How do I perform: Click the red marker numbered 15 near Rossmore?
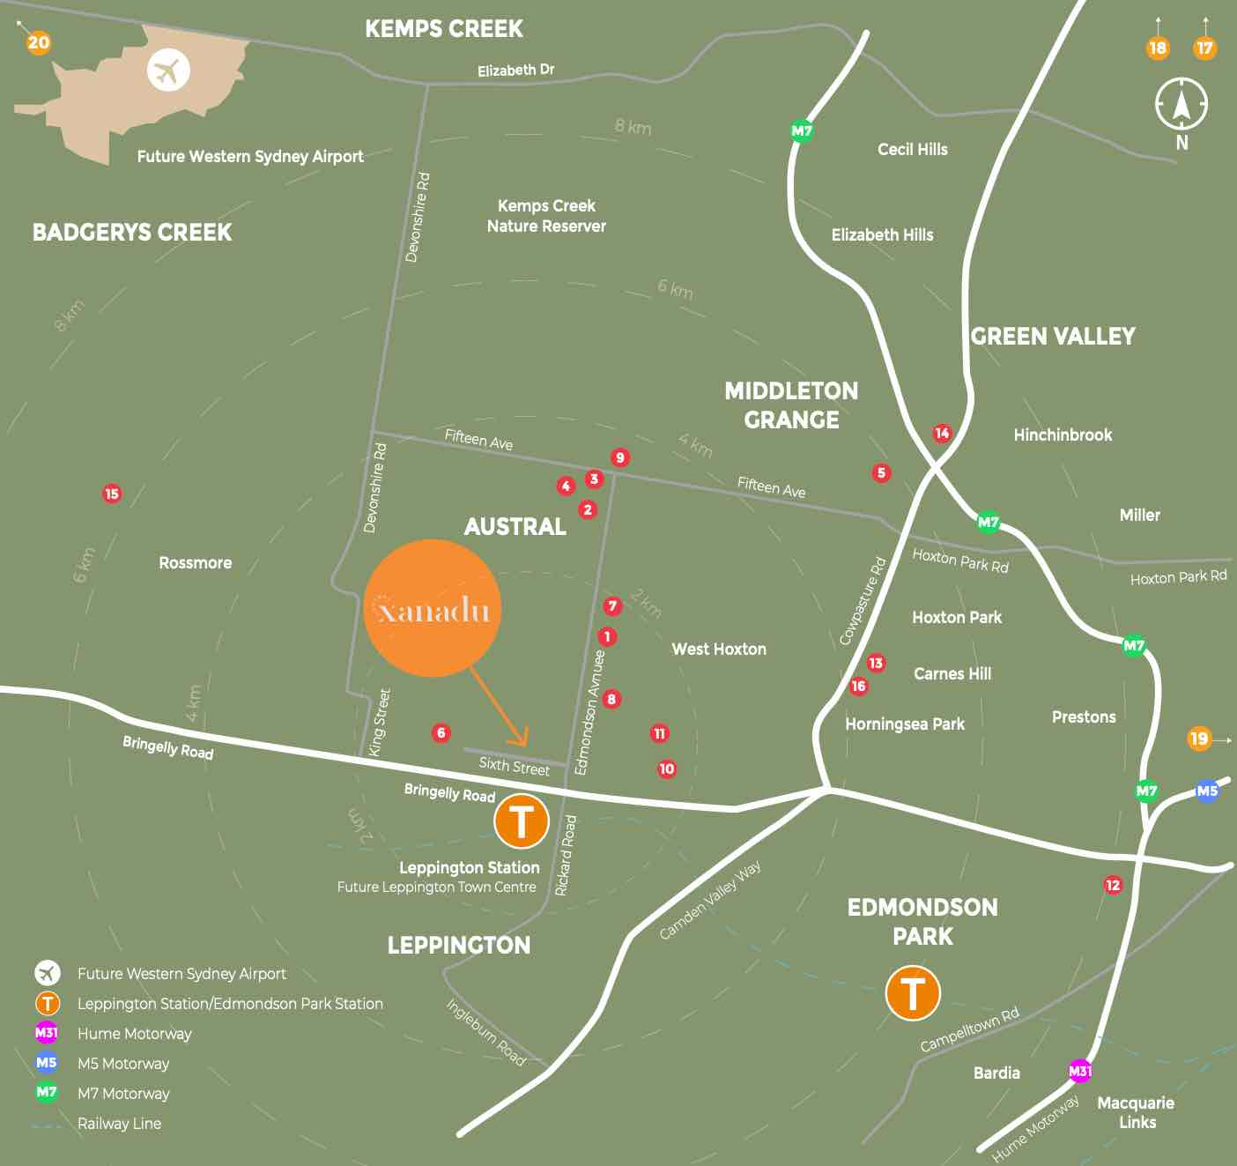(x=112, y=494)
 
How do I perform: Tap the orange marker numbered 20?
(x=38, y=42)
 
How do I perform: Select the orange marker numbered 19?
(x=1199, y=739)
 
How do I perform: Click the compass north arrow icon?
(x=1181, y=104)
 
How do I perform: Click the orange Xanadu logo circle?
(x=432, y=608)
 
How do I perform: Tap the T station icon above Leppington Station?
(x=521, y=821)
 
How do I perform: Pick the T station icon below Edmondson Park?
(x=912, y=992)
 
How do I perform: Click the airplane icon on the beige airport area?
(x=168, y=70)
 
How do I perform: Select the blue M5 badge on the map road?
(x=1207, y=791)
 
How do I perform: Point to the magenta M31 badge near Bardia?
(x=1080, y=1071)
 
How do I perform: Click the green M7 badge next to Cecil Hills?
(x=802, y=131)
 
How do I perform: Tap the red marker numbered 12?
(x=1114, y=885)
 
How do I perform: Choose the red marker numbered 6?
(x=441, y=732)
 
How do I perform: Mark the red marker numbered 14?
(x=943, y=433)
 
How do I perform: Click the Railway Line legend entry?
(x=119, y=1124)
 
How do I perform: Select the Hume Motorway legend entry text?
(x=134, y=1034)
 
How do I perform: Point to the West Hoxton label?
(x=719, y=650)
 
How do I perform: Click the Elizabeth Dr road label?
(x=515, y=71)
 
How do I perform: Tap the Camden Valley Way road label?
(x=710, y=900)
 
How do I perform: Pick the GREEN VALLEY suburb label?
(x=1053, y=337)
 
